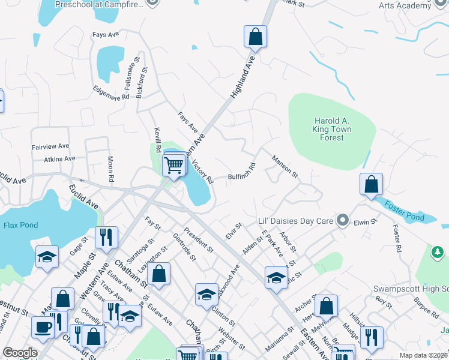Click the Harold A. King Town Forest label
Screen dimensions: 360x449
tap(331, 128)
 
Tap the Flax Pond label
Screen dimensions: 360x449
tap(20, 226)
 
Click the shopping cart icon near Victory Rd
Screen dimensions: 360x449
tap(173, 164)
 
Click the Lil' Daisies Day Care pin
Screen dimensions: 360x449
tap(342, 221)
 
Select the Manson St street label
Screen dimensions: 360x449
tap(285, 166)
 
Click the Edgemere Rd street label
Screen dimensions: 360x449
tap(112, 92)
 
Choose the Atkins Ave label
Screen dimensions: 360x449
tap(59, 159)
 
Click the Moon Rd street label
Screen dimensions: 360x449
tap(110, 170)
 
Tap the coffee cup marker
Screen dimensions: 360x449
tap(43, 328)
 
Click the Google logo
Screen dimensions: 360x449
tap(20, 353)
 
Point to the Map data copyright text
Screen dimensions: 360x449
tap(423, 355)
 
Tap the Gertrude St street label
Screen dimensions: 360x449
tap(184, 248)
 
